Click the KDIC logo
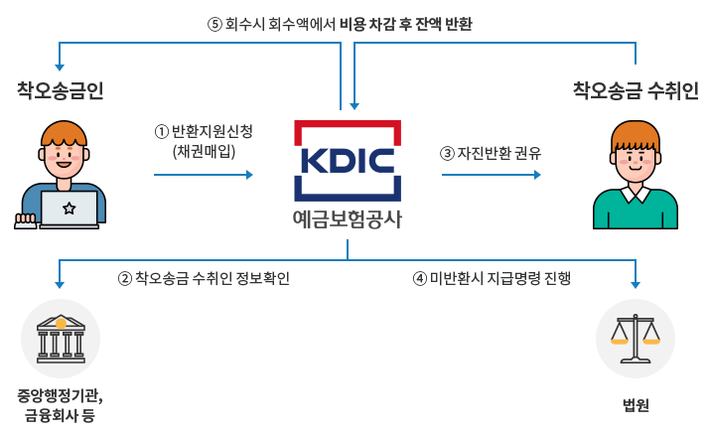(348, 161)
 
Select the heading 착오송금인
(61, 90)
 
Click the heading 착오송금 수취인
(636, 90)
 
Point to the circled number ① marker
(159, 130)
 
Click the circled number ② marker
(124, 278)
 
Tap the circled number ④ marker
(419, 278)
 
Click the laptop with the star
(70, 209)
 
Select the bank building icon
(61, 338)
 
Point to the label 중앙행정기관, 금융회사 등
(61, 404)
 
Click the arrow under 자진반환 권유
(492, 175)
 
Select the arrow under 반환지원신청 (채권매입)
(204, 175)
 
